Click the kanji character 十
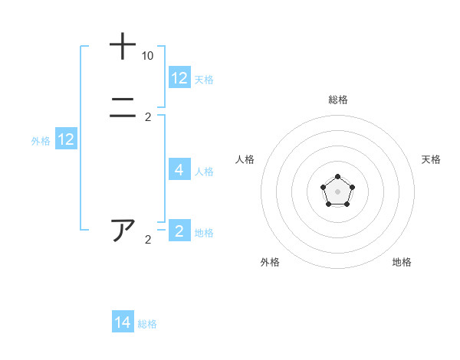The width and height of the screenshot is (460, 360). click(x=123, y=46)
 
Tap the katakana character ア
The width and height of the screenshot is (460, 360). click(x=123, y=230)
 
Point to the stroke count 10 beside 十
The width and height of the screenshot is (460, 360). click(x=147, y=56)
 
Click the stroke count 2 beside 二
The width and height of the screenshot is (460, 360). click(x=148, y=117)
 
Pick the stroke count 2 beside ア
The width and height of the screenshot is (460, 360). click(x=148, y=240)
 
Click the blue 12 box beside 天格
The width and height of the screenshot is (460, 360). click(x=179, y=78)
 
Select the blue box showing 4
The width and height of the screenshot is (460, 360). click(x=179, y=170)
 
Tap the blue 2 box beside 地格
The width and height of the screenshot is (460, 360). click(x=179, y=231)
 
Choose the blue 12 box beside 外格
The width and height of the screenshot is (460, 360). click(x=66, y=139)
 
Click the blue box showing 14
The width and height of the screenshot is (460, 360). click(x=123, y=322)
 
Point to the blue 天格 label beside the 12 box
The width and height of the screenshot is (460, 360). click(x=204, y=80)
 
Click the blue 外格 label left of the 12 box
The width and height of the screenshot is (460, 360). click(x=41, y=141)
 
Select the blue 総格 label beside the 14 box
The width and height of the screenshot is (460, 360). click(x=147, y=324)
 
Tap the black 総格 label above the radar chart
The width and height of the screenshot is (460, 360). click(x=337, y=100)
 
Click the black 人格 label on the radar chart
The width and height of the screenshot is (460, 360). click(x=245, y=159)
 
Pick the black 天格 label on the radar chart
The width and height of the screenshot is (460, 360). click(x=431, y=159)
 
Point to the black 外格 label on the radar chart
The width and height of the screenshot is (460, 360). click(x=270, y=262)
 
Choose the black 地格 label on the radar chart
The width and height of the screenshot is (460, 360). click(x=402, y=262)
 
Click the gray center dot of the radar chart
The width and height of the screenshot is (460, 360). click(x=337, y=190)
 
